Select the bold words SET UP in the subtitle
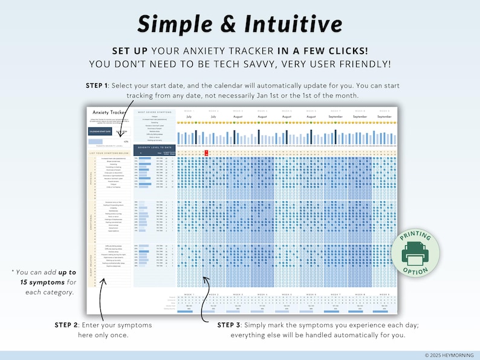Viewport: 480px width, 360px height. (x=130, y=51)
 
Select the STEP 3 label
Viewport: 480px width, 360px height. (x=231, y=325)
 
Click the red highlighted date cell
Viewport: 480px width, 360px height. (x=206, y=153)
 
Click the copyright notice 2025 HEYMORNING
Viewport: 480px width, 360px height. (x=450, y=355)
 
